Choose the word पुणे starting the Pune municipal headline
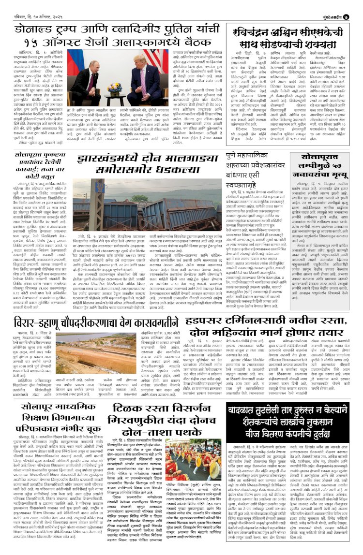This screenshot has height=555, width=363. point(232,156)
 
